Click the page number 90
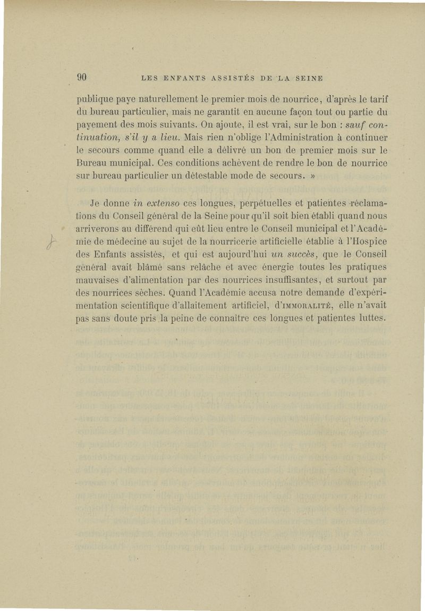click(x=82, y=77)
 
